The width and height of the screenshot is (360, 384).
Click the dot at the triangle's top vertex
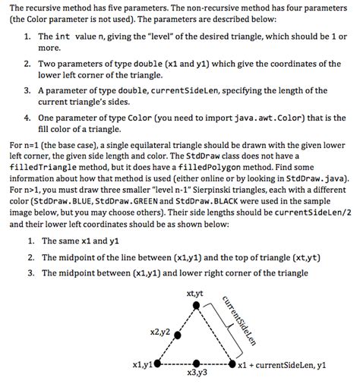point(197,305)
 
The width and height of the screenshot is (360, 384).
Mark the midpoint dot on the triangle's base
point(197,364)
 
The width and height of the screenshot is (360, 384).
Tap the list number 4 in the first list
point(27,118)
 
